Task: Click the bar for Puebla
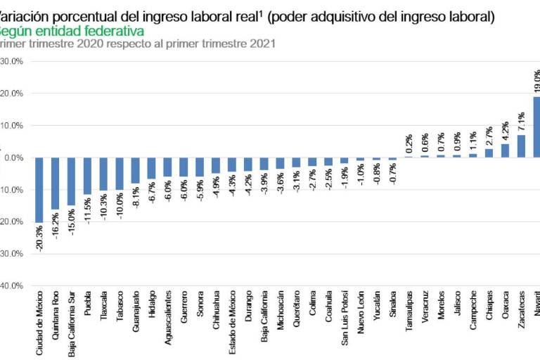[x=87, y=176]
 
